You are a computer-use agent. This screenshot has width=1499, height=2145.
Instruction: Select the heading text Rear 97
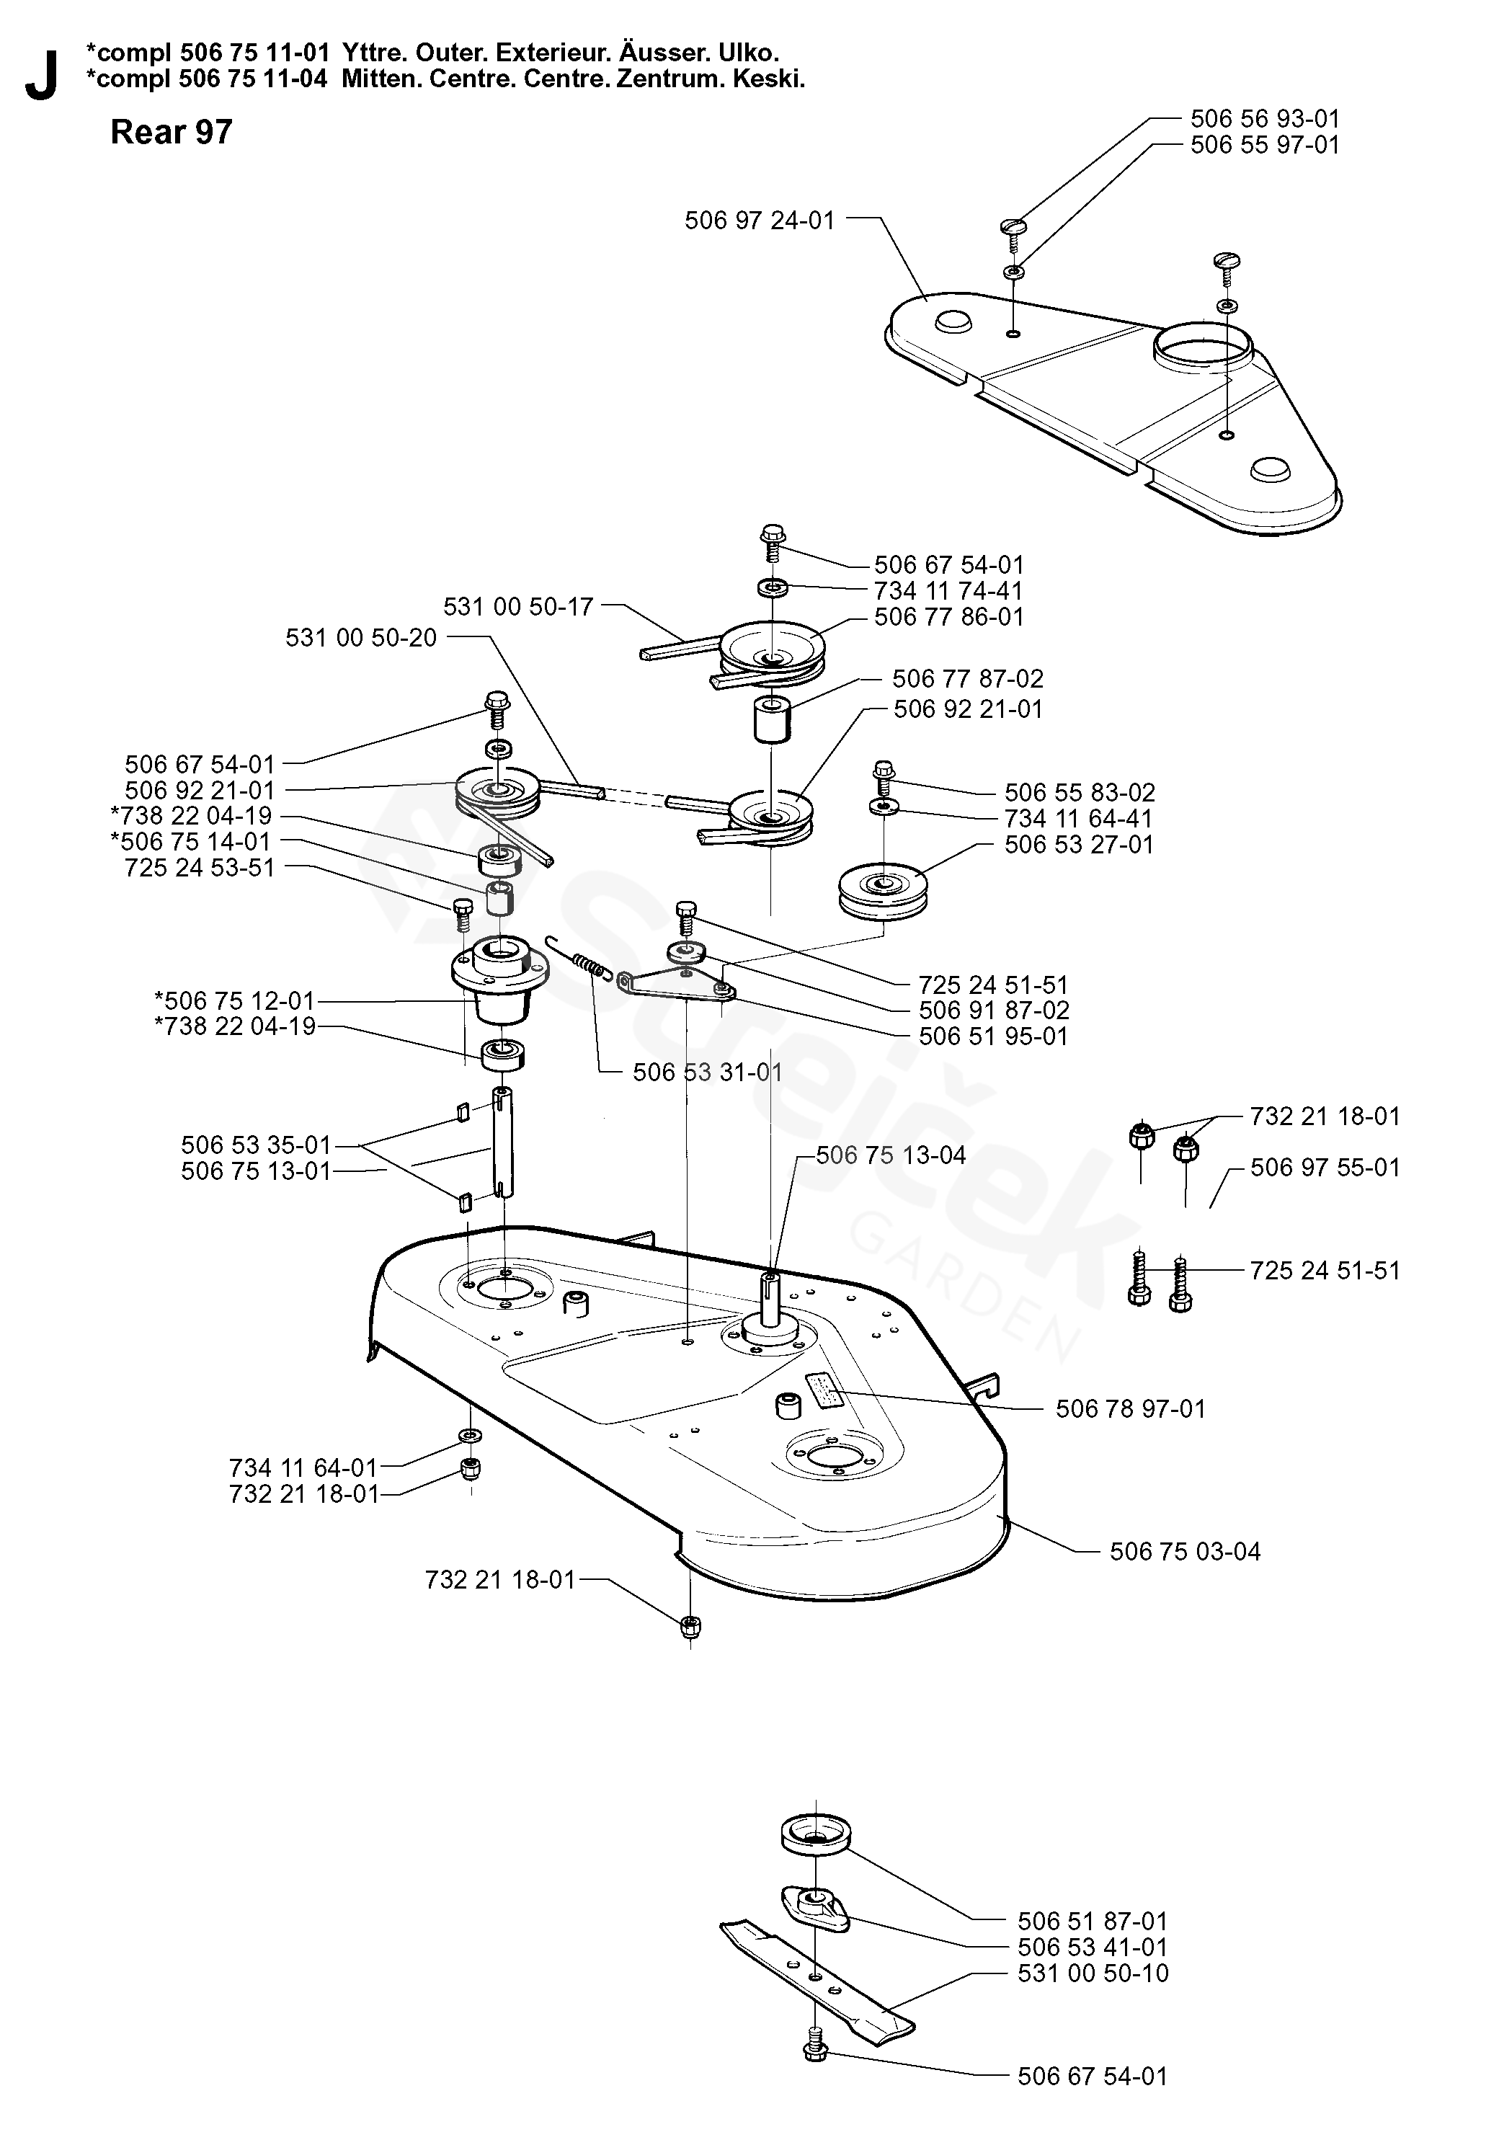click(x=171, y=133)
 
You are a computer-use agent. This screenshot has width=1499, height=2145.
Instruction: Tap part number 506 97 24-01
click(x=760, y=221)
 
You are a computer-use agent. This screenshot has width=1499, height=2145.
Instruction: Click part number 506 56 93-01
click(x=1265, y=119)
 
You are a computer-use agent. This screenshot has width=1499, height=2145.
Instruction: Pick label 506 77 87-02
click(x=968, y=678)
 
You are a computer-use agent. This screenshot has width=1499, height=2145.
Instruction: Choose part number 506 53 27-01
click(x=1079, y=845)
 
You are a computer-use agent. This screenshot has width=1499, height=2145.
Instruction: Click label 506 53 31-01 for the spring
click(x=708, y=1072)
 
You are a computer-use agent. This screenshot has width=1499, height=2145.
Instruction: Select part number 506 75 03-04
click(x=1186, y=1551)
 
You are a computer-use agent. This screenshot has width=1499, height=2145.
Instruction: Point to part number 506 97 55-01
click(x=1325, y=1168)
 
